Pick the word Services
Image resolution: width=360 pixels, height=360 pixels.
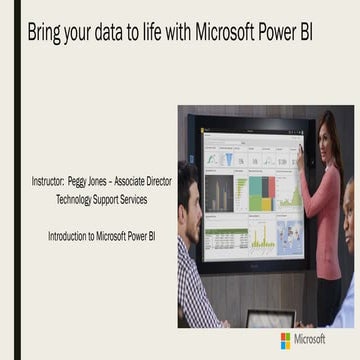pyautogui.click(x=147, y=200)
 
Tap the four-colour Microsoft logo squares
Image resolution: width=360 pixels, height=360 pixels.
pyautogui.click(x=286, y=340)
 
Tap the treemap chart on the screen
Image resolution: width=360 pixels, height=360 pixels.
pyautogui.click(x=261, y=192)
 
